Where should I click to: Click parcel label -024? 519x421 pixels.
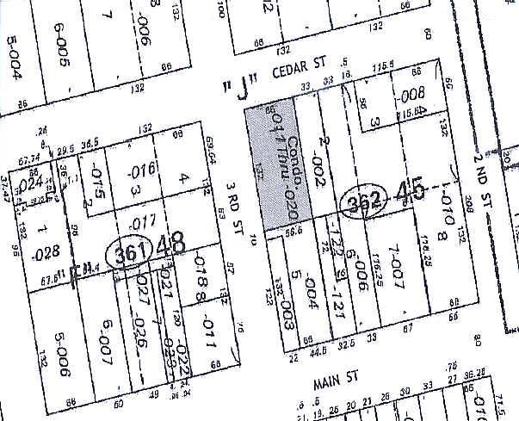31,182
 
